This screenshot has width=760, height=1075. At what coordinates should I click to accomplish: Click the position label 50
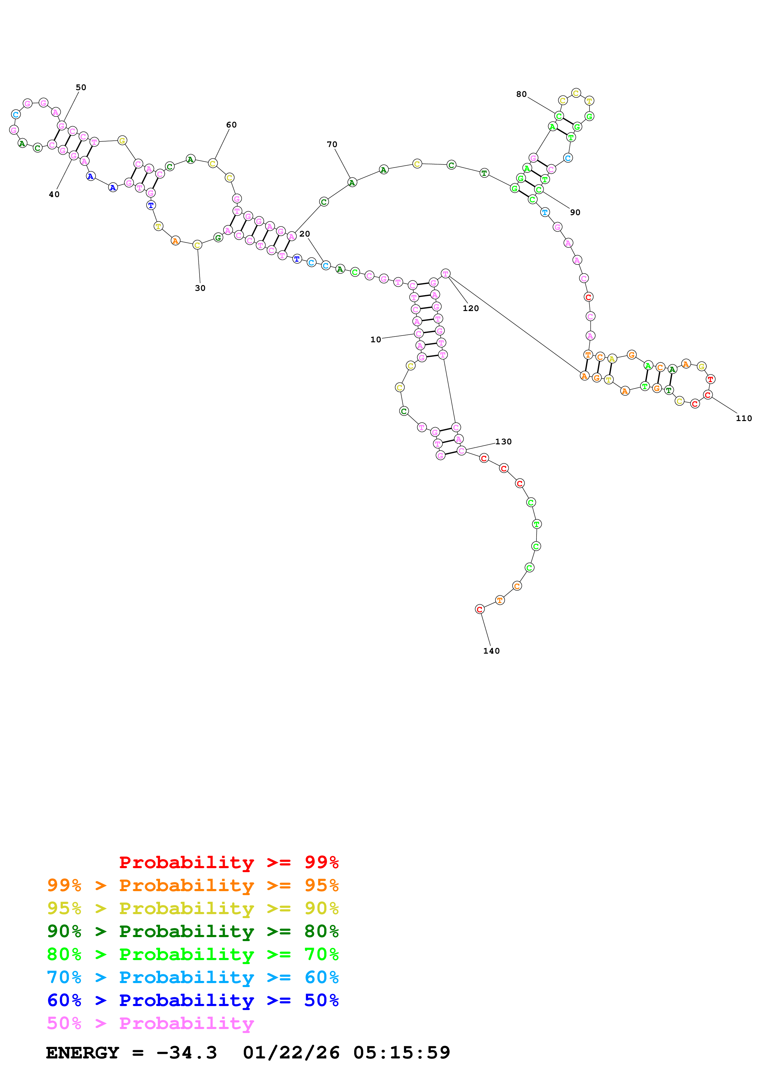81,88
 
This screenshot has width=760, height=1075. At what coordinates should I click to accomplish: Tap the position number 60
231,125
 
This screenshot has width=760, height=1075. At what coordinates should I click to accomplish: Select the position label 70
332,145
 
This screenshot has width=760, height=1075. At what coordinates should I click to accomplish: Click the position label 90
575,213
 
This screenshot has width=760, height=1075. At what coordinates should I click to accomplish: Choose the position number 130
503,442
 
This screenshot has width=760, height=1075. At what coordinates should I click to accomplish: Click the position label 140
491,651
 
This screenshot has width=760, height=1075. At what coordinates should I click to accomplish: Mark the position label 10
376,340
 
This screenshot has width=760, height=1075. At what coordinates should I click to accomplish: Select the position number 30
200,288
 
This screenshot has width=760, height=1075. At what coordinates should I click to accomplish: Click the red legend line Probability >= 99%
228,862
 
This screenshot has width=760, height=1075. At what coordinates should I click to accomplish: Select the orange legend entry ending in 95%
193,885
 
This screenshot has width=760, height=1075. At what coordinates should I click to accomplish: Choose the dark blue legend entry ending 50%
193,1000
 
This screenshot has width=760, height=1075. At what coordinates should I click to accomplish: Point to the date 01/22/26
291,1053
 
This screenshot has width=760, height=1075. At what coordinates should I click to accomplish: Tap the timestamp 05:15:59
401,1053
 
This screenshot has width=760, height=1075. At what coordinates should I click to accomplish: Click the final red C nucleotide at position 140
479,609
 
